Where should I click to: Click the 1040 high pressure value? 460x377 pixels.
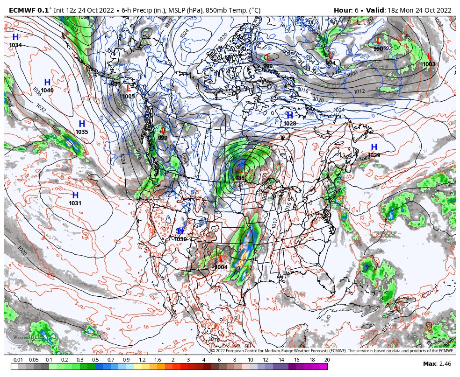click(x=47, y=91)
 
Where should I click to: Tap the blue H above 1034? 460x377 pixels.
click(x=15, y=37)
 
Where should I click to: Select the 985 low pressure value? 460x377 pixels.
click(x=240, y=178)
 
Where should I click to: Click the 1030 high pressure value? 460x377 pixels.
click(x=180, y=239)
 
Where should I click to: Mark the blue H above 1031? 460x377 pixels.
click(x=75, y=195)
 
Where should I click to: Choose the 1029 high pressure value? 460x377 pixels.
click(x=374, y=155)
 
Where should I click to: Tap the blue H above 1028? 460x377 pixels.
click(x=290, y=116)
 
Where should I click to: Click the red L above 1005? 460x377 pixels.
click(x=129, y=88)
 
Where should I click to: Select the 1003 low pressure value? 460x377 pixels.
click(x=429, y=64)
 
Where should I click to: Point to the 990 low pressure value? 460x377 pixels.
click(x=378, y=49)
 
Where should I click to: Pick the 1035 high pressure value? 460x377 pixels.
click(x=82, y=132)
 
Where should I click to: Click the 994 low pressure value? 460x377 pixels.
click(x=331, y=63)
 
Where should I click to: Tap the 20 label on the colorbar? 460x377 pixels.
click(x=327, y=360)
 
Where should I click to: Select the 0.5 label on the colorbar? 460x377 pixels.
click(x=95, y=360)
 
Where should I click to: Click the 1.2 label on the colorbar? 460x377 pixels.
click(x=142, y=360)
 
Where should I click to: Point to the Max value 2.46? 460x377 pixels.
click(x=444, y=364)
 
